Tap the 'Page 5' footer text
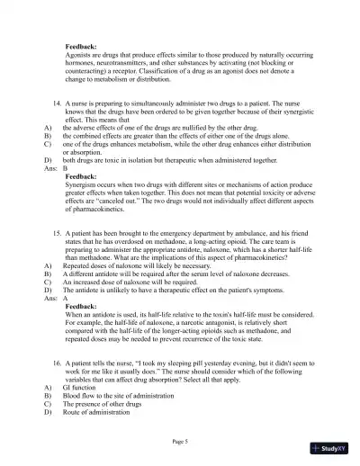pyautogui.click(x=180, y=441)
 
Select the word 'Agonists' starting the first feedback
pyautogui.click(x=80, y=53)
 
